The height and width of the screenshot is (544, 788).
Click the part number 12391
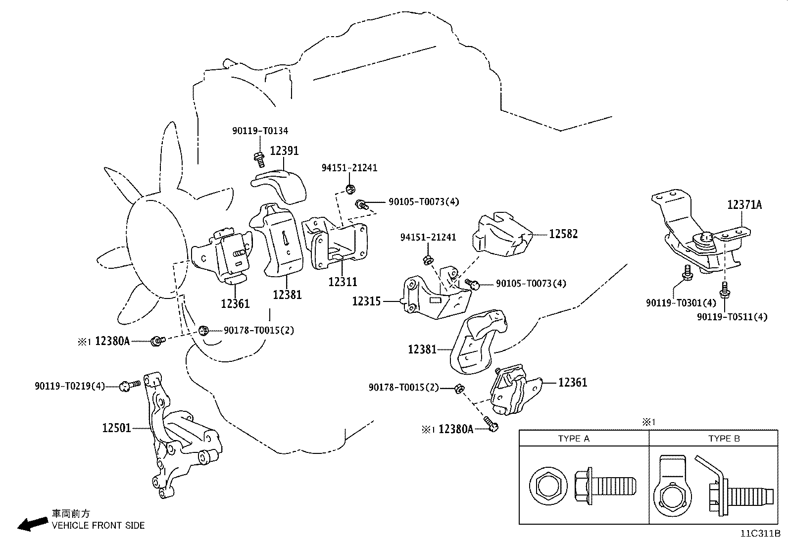tap(284, 150)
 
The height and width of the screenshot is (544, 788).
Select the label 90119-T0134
tap(260, 131)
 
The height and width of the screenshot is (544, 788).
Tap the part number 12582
tap(563, 234)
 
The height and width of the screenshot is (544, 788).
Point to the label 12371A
tap(744, 204)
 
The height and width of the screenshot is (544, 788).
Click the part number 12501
tap(117, 428)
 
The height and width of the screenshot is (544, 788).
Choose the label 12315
tap(366, 301)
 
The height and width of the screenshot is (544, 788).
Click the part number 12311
tap(343, 282)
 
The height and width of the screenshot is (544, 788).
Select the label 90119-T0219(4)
tap(70, 386)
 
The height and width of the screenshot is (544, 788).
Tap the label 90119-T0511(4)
tap(732, 317)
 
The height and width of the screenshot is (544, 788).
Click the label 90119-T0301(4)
tap(681, 302)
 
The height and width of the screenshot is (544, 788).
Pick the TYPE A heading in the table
tap(574, 439)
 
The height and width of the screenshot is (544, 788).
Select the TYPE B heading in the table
tap(724, 439)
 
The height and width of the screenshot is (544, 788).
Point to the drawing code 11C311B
tap(760, 534)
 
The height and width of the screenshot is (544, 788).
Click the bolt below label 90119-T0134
tap(258, 159)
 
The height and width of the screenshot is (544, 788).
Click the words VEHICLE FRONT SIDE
tap(98, 526)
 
